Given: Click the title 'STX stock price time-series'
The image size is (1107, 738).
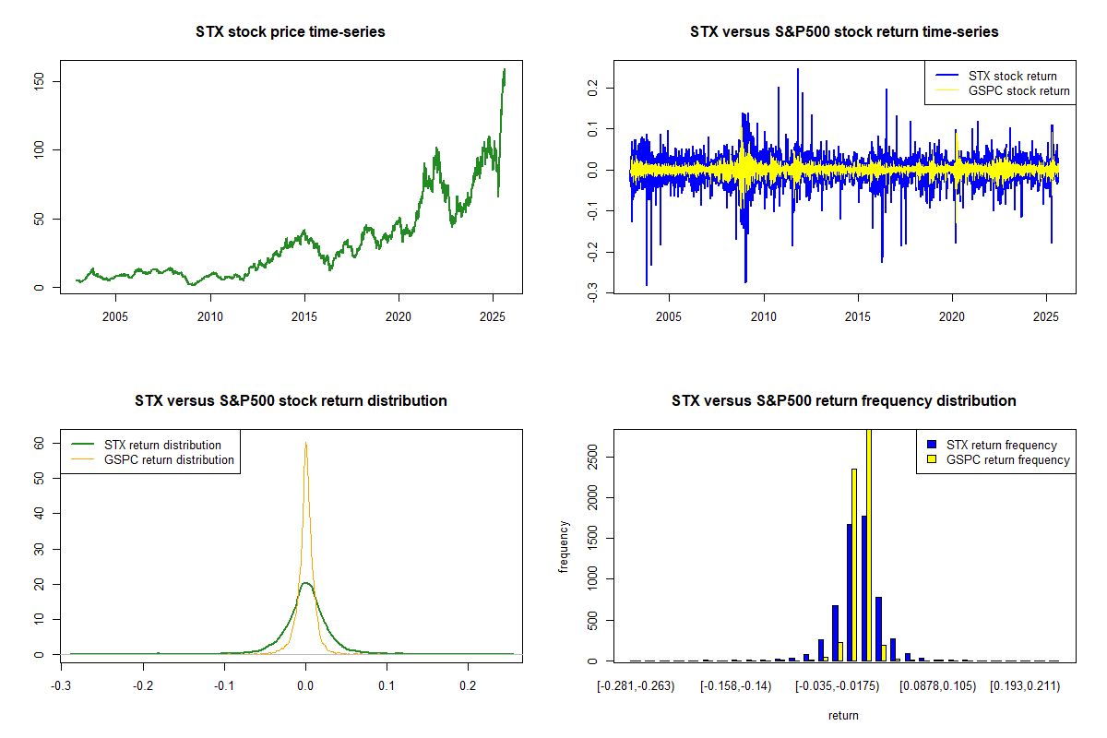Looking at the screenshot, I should click(291, 32).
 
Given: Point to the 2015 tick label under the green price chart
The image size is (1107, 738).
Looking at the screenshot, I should click(304, 318).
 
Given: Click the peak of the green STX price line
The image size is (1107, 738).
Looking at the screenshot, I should click(505, 69).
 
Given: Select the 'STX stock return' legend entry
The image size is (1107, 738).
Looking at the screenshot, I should click(1012, 76).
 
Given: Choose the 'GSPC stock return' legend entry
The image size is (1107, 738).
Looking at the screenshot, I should click(1018, 90).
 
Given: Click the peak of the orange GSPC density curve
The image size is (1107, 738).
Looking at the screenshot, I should click(305, 443).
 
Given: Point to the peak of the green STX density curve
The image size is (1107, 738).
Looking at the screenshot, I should click(305, 583).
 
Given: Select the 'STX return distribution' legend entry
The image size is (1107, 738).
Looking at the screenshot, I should click(162, 446).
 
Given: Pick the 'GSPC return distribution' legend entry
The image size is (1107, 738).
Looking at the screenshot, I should click(169, 459).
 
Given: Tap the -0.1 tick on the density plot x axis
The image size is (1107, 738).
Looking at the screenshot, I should click(224, 686).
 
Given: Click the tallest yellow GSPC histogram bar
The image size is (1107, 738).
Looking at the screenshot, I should click(868, 544).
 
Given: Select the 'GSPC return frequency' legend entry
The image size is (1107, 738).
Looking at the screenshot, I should click(1008, 459).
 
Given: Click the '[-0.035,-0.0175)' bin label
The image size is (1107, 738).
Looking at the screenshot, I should click(839, 686).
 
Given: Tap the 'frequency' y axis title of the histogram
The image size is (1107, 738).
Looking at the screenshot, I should click(565, 547).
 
